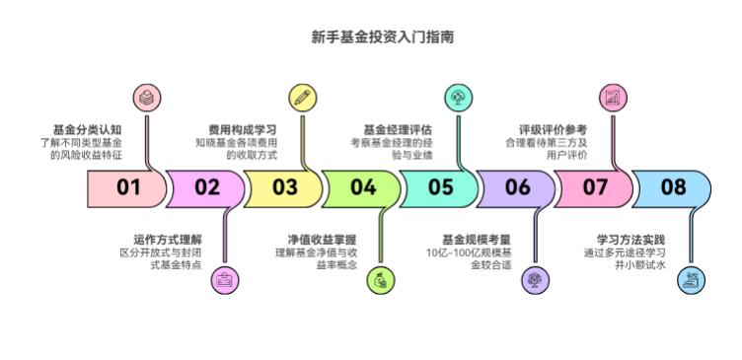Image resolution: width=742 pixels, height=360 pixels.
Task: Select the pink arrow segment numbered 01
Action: click(126, 187)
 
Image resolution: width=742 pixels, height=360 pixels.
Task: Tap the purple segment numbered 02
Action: click(205, 187)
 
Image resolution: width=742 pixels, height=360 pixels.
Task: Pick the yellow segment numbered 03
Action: click(283, 187)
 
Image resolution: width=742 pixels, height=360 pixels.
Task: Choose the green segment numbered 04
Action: click(361, 187)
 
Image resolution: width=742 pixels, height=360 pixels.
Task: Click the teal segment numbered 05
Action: click(439, 187)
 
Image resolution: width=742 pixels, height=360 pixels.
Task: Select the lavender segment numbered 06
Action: click(517, 187)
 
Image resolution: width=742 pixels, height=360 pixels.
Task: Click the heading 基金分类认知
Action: click(87, 129)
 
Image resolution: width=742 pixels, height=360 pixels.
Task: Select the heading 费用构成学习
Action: click(242, 129)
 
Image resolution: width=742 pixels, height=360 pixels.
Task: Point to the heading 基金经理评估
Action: click(398, 129)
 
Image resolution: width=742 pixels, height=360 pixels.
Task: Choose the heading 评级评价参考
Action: click(553, 129)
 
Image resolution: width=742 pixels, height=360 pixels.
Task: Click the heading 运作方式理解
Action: click(167, 239)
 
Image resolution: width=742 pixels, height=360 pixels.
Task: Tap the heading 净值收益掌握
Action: click(321, 239)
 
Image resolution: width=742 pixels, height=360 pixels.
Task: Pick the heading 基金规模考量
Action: click(476, 239)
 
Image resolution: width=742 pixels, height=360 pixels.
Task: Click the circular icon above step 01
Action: click(146, 97)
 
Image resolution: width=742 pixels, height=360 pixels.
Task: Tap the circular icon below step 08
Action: click(692, 280)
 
